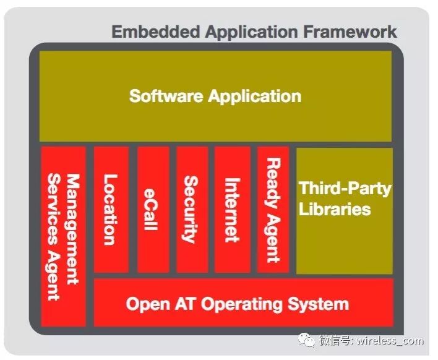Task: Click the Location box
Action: pyautogui.click(x=111, y=209)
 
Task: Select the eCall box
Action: pyautogui.click(x=149, y=209)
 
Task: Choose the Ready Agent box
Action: pyautogui.click(x=272, y=209)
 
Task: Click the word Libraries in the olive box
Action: pyautogui.click(x=335, y=209)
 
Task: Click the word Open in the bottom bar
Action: pyautogui.click(x=148, y=304)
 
